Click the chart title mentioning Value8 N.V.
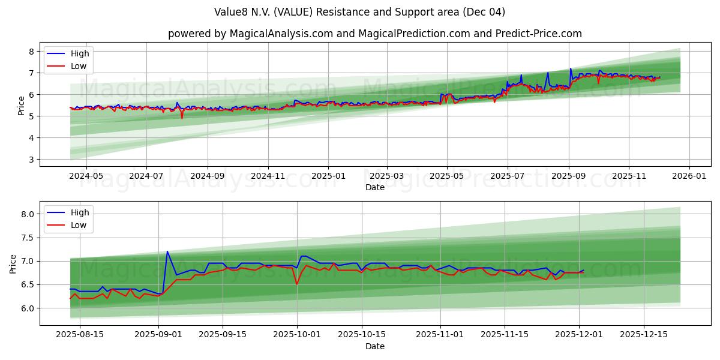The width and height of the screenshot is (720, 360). (359, 12)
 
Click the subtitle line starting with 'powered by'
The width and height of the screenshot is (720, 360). (374, 34)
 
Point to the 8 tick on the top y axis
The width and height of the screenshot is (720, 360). (32, 52)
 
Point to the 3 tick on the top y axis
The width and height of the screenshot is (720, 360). (32, 160)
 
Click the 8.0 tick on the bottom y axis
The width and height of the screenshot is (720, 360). (28, 214)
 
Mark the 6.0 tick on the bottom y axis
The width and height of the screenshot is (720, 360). (28, 308)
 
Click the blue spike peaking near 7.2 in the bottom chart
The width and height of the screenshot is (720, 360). (167, 252)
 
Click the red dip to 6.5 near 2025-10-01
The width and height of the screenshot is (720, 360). (296, 284)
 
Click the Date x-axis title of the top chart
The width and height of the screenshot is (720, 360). (374, 188)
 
